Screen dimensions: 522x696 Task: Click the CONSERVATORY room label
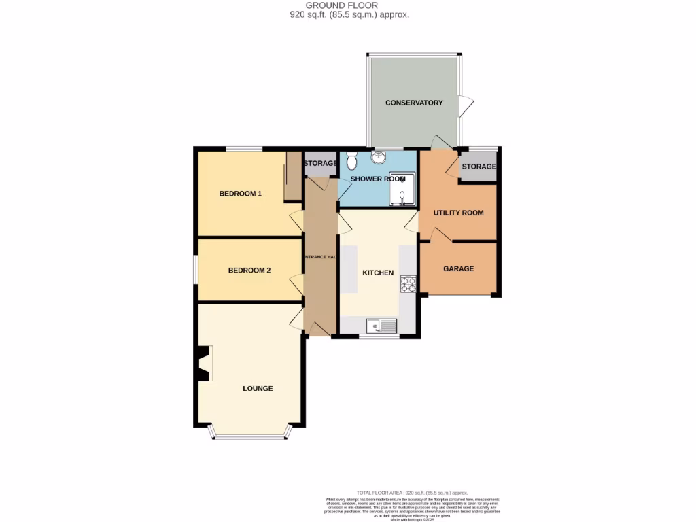[413, 103]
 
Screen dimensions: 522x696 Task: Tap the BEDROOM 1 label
[240, 194]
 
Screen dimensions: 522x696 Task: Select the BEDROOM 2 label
[249, 271]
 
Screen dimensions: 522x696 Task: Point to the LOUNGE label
[258, 389]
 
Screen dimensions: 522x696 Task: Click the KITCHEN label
[378, 273]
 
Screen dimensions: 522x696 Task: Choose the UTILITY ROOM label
[459, 213]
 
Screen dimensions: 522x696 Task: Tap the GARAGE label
[458, 268]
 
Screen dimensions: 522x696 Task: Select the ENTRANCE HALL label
[319, 257]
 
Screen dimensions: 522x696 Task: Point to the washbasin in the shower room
[379, 158]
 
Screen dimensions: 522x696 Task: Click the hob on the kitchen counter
[408, 283]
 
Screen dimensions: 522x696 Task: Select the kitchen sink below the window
[381, 326]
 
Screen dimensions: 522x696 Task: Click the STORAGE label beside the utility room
[478, 167]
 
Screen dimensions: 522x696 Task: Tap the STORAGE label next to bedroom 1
[320, 164]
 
